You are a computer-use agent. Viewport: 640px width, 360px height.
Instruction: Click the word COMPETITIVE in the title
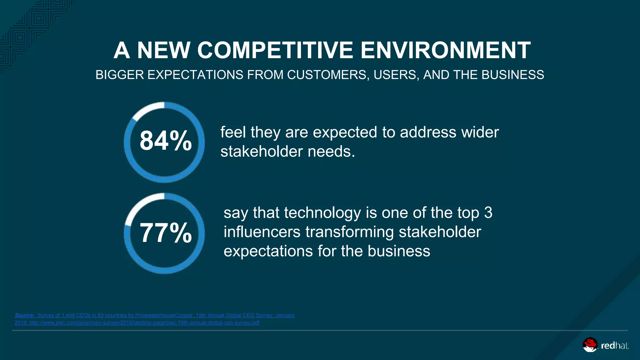point(275,50)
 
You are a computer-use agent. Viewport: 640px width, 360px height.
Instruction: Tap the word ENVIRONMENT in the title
point(446,50)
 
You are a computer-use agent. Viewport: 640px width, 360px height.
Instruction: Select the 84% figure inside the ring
point(165,141)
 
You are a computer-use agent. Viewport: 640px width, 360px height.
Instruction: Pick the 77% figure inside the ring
point(165,233)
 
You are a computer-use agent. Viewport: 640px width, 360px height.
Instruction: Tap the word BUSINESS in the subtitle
point(513,75)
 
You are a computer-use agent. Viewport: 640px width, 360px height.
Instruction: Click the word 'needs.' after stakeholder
point(332,152)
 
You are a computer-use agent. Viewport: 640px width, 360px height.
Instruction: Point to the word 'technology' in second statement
point(322,213)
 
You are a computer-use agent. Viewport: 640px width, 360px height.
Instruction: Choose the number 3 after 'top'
point(488,213)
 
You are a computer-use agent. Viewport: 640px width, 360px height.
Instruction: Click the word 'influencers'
point(262,232)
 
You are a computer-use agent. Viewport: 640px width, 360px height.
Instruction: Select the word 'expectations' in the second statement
point(268,251)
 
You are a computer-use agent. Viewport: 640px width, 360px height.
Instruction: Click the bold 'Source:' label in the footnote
point(24,315)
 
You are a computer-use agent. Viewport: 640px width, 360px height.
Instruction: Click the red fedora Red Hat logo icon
point(590,345)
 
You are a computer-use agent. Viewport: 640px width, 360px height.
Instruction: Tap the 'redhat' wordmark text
point(614,346)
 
